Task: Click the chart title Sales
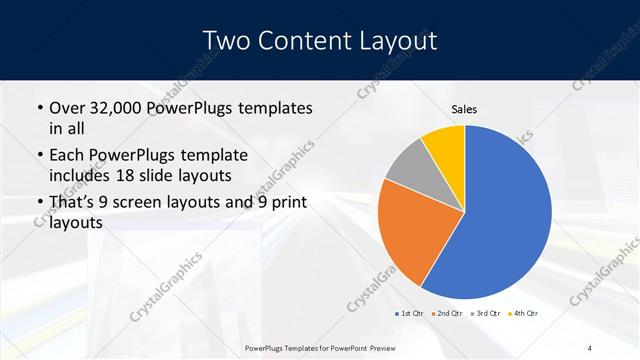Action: (464, 109)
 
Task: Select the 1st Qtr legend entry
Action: (409, 314)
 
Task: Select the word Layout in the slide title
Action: (394, 40)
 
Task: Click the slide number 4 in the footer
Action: (589, 347)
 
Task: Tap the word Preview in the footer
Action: (428, 347)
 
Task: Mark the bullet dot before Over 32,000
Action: (38, 108)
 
